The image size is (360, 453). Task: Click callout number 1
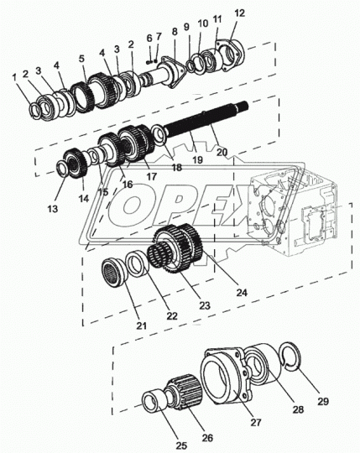pos(15,77)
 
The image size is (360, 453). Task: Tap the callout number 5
pos(81,59)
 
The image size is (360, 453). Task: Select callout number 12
pos(217,13)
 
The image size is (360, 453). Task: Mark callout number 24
pos(241,293)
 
